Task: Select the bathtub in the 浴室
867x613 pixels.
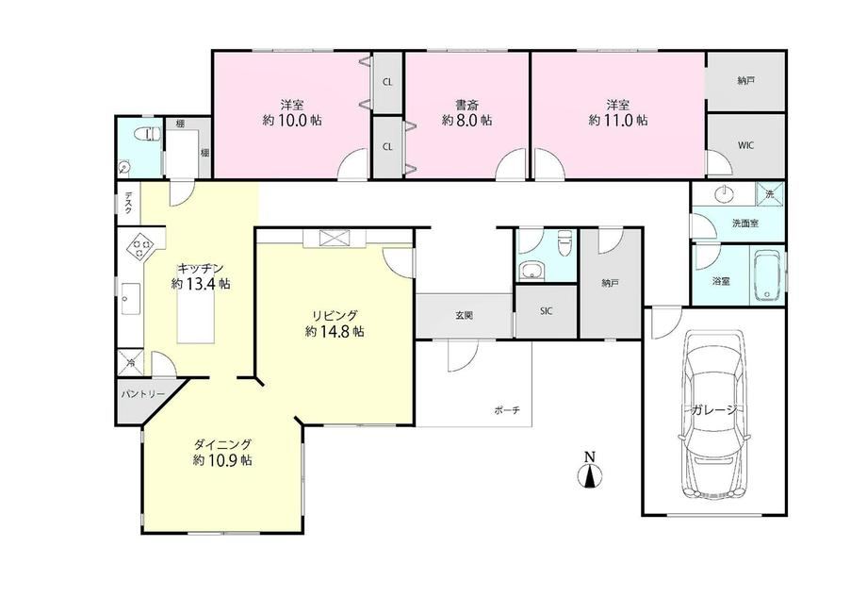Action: coord(767,275)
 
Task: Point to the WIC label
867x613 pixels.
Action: coord(745,145)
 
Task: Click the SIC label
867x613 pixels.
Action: coord(546,311)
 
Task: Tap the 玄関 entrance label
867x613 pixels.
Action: coord(464,316)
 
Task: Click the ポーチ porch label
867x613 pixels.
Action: coord(507,410)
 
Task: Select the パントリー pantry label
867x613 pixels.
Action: coord(142,394)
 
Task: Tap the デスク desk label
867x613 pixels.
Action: coord(128,203)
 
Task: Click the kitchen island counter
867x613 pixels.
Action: coord(196,316)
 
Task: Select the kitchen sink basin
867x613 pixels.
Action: coord(130,299)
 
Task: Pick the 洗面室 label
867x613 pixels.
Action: coord(745,224)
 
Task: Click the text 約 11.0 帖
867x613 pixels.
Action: coord(618,120)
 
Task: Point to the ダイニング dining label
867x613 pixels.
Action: coord(222,444)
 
